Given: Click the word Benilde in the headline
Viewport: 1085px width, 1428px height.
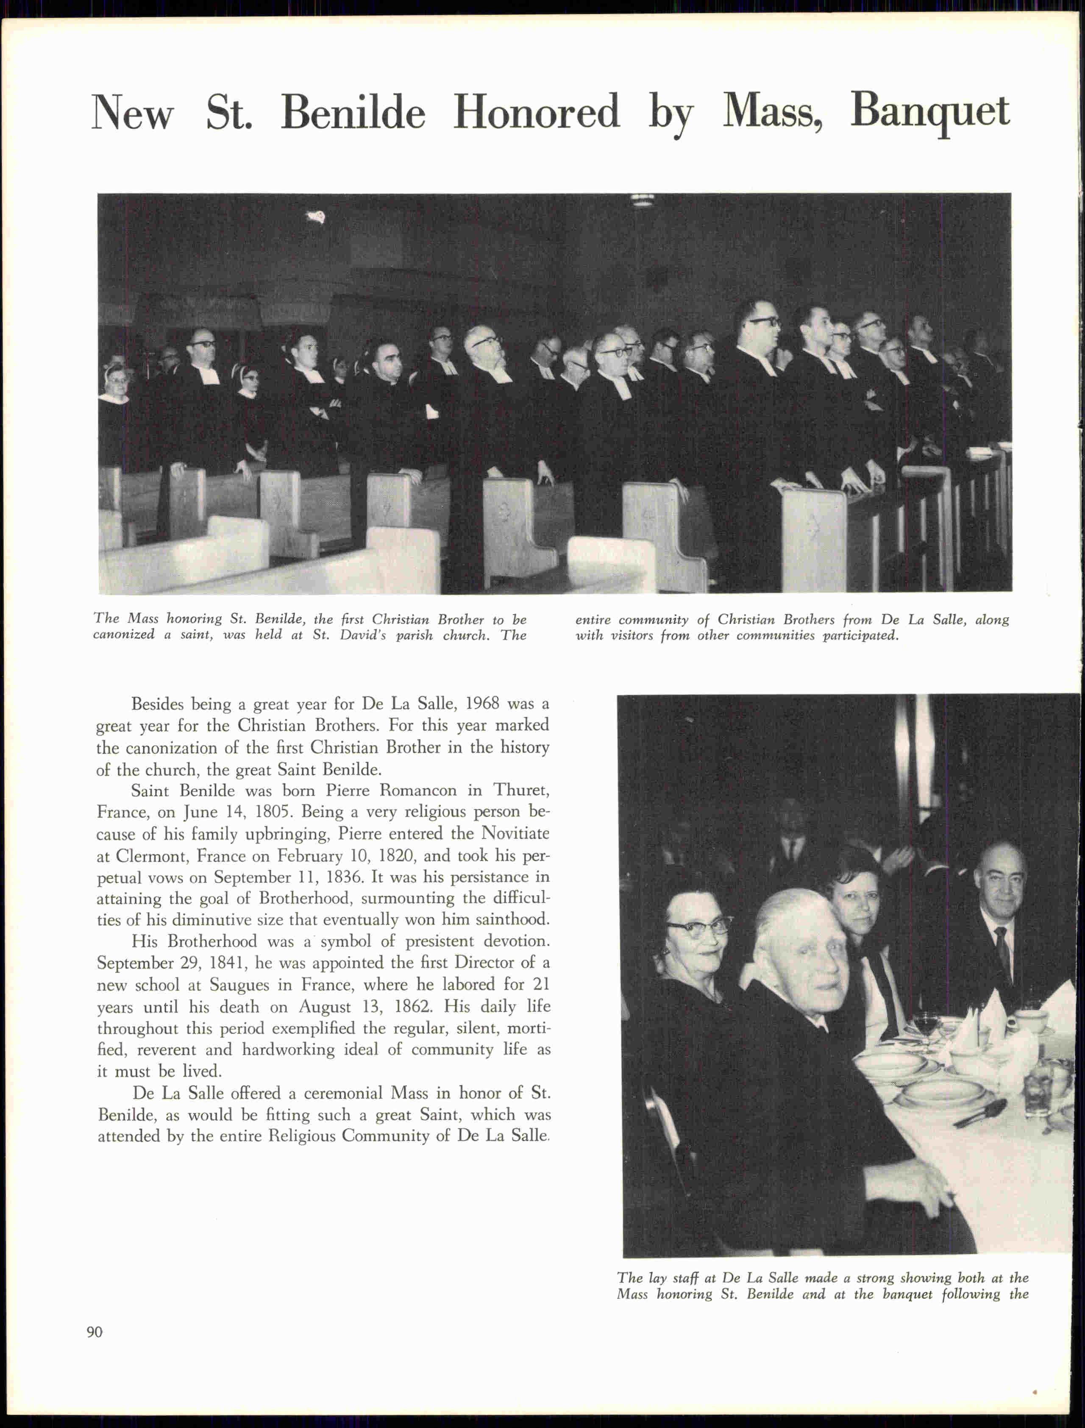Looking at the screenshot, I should pos(353,112).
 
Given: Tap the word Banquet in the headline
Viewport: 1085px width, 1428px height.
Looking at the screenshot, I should pos(929,112).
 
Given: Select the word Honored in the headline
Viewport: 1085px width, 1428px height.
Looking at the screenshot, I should pos(536,112).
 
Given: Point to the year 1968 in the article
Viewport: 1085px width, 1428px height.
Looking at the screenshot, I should pos(482,703).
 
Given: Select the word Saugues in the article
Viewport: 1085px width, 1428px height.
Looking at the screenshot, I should pos(239,985).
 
